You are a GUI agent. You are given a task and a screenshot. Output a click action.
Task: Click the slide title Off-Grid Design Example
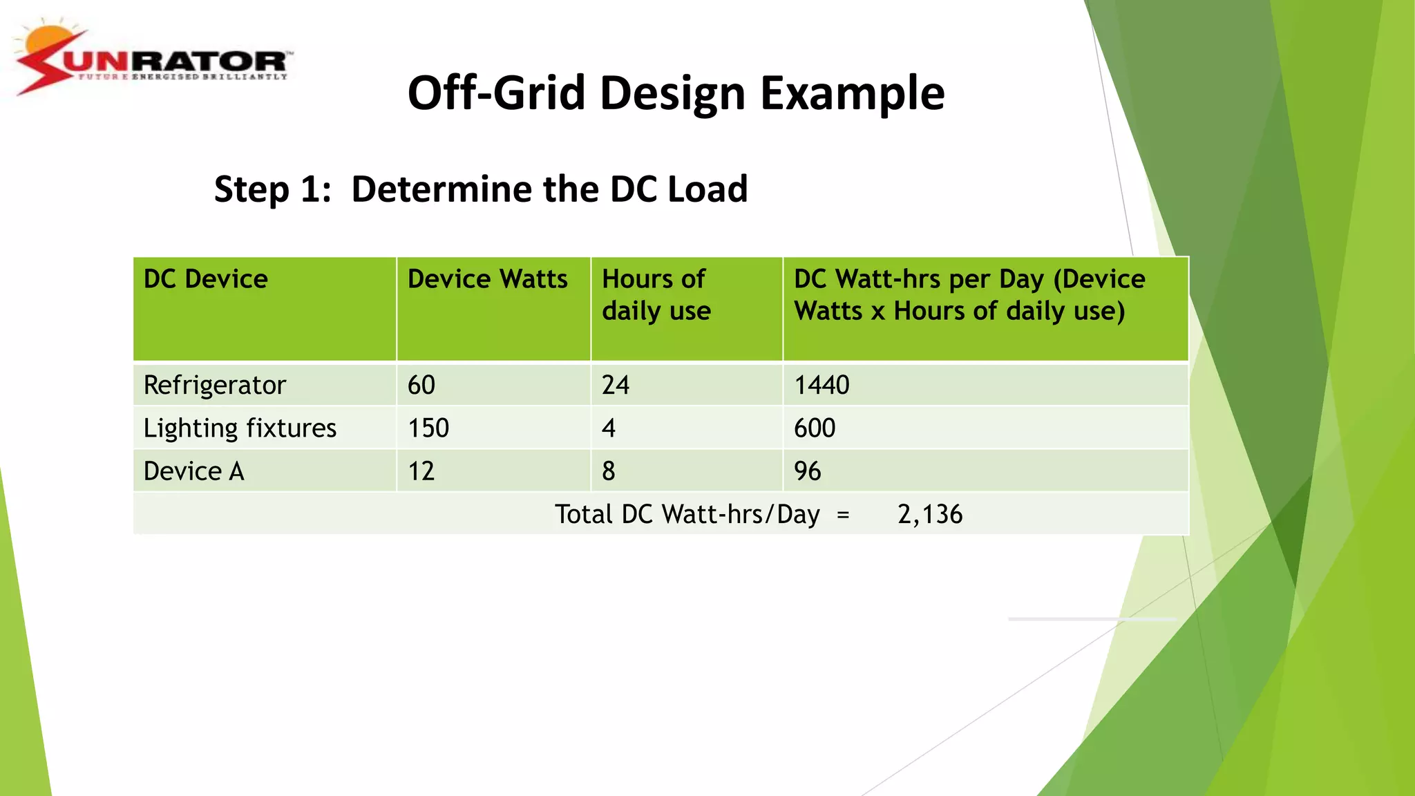(676, 93)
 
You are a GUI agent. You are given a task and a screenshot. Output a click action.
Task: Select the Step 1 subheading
(481, 189)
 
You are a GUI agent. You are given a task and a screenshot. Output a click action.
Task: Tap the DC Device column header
(206, 279)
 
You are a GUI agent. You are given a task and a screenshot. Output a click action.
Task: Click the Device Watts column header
(488, 279)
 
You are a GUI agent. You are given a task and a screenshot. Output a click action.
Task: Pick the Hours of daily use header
(656, 295)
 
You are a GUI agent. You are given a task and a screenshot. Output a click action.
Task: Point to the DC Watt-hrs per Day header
(969, 295)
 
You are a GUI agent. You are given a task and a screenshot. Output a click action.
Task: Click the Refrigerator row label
(214, 385)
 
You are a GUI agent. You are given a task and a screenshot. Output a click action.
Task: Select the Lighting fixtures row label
(240, 428)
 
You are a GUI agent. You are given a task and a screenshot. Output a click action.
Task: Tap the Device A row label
(193, 471)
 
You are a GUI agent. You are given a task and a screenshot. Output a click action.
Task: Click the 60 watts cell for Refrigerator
(421, 385)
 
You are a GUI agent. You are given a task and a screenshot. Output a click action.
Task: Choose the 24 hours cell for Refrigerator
(616, 385)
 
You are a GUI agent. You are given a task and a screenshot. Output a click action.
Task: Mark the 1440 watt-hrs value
(822, 385)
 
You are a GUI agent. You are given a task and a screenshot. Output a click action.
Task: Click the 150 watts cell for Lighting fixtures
(428, 428)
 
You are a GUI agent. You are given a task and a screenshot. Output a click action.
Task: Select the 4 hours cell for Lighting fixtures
(609, 428)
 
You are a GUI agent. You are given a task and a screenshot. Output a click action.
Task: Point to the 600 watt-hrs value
(815, 428)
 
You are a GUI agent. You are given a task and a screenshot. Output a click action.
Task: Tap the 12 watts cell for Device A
(421, 471)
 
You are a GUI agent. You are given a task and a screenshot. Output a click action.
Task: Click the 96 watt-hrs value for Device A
(808, 471)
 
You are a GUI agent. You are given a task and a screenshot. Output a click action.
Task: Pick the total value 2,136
(930, 514)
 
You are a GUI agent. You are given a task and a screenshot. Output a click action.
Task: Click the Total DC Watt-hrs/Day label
(687, 514)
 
